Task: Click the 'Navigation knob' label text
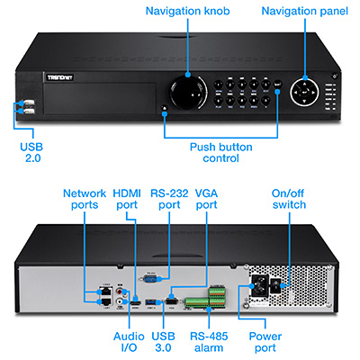point(188,11)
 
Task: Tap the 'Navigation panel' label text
point(304,11)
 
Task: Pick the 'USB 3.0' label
point(165,343)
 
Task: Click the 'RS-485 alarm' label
point(210,343)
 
